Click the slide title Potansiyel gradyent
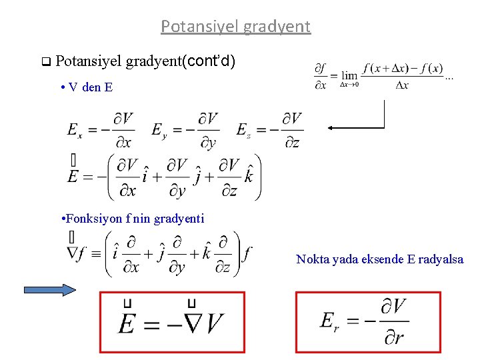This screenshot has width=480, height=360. pos(235,27)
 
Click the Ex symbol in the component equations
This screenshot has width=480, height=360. pos(75,130)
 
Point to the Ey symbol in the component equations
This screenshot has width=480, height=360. pos(159,130)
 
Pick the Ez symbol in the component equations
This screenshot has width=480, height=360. pos(244,130)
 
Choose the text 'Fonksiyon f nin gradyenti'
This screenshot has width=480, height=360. pos(132,219)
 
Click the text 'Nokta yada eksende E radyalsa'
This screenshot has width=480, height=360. pos(379,259)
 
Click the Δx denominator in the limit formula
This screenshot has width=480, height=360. pos(401,85)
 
